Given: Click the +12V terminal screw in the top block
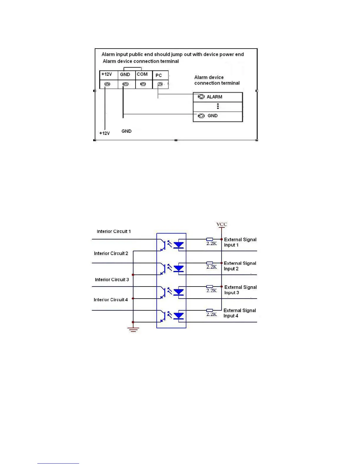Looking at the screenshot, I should coord(107,84).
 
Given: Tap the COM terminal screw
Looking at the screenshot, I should coord(143,84).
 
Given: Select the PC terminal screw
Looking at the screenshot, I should coord(160,84).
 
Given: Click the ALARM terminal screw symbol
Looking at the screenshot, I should coord(201,97).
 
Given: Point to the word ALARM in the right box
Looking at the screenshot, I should coord(214,97).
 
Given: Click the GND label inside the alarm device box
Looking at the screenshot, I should coord(213,116).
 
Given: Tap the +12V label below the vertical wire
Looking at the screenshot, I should coord(104,133).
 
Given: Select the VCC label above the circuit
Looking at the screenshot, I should coord(222,224).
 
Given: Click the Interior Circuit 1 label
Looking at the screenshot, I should coord(114,232).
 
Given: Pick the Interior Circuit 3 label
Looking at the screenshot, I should coord(112,280).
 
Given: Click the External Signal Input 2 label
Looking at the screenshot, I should coord(240,266).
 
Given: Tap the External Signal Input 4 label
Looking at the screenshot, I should coord(239,313).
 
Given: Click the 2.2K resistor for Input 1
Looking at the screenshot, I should coord(210,239).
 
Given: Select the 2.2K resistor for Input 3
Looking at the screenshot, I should coord(210,287).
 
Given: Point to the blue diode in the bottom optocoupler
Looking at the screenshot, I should coord(179,316).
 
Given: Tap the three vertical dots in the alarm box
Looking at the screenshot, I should coord(218,106).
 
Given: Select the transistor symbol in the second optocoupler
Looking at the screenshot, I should coord(163,269).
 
